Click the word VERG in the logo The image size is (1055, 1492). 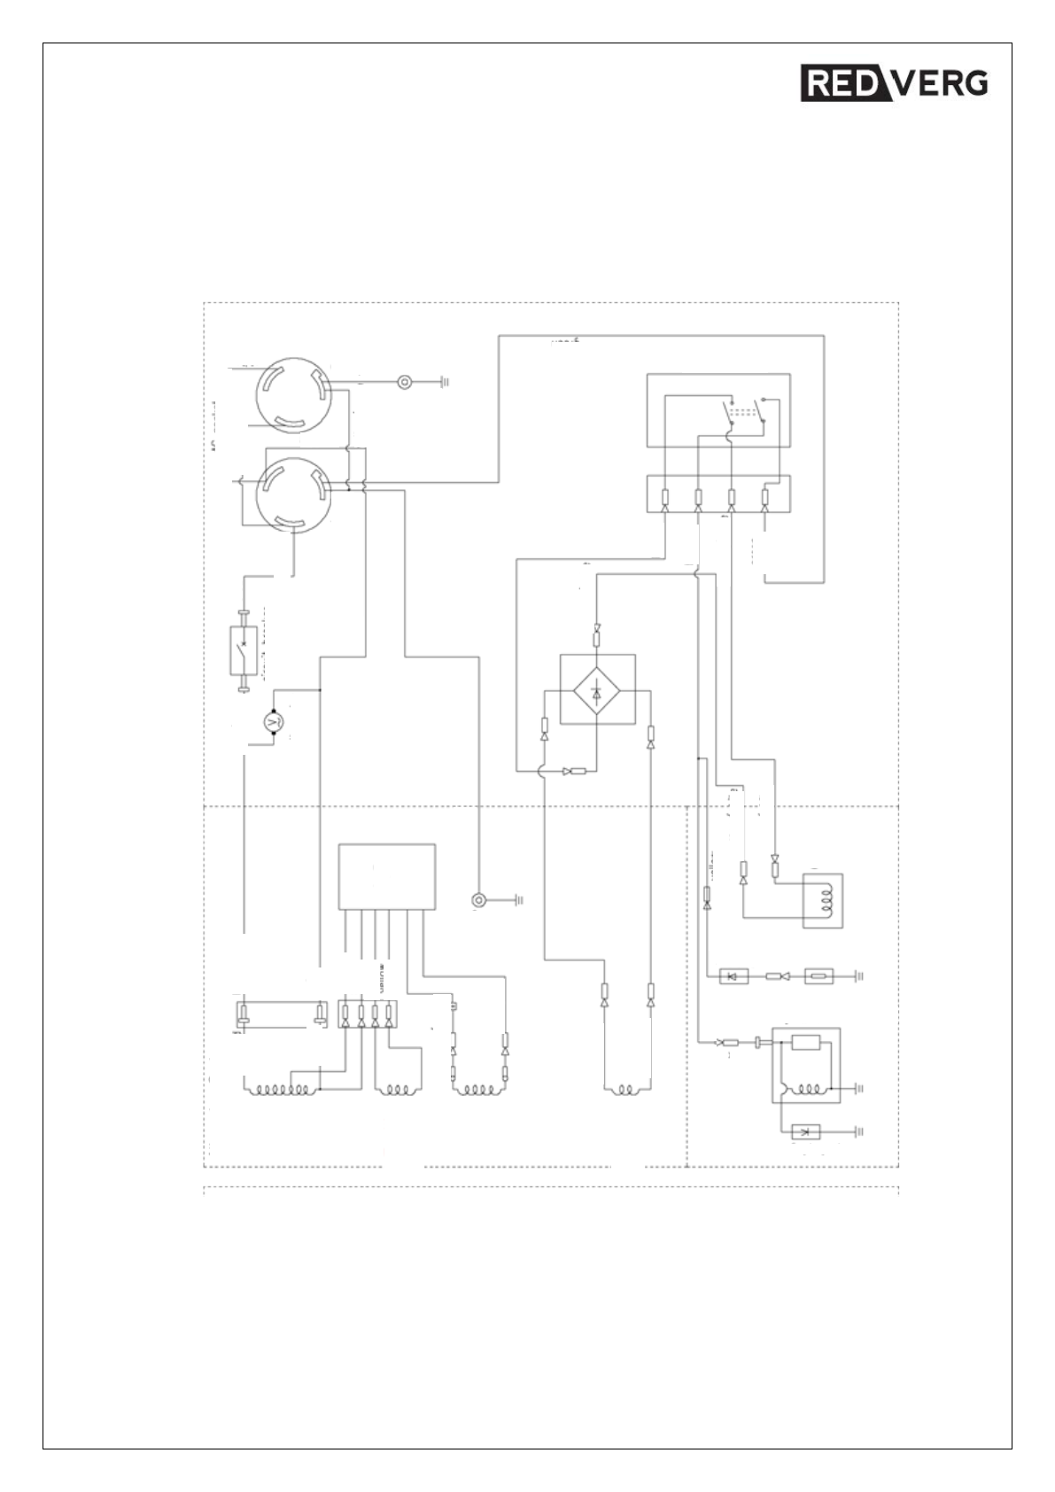(x=942, y=83)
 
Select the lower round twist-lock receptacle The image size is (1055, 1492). (x=292, y=493)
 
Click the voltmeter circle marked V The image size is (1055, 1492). (x=273, y=723)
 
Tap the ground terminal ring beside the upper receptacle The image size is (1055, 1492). (x=404, y=383)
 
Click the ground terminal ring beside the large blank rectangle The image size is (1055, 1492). (x=479, y=900)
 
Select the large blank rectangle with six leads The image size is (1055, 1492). (x=387, y=876)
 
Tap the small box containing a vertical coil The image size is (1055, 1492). (x=822, y=900)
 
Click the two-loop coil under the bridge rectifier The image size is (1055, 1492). (x=626, y=1089)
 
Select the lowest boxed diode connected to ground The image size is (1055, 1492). (x=805, y=1131)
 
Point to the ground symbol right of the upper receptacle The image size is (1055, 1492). (x=445, y=383)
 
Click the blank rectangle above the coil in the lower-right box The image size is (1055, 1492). (x=805, y=1043)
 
